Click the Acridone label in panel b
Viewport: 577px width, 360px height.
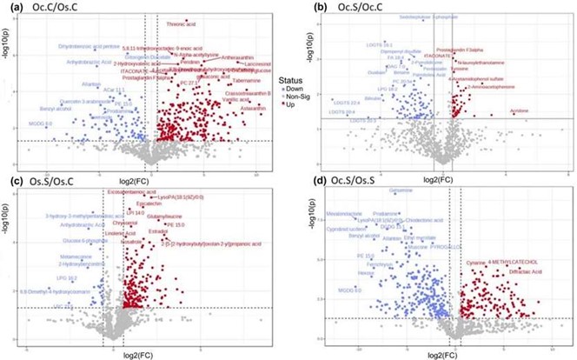(x=542, y=111)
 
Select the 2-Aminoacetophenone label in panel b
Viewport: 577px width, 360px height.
(x=498, y=89)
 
